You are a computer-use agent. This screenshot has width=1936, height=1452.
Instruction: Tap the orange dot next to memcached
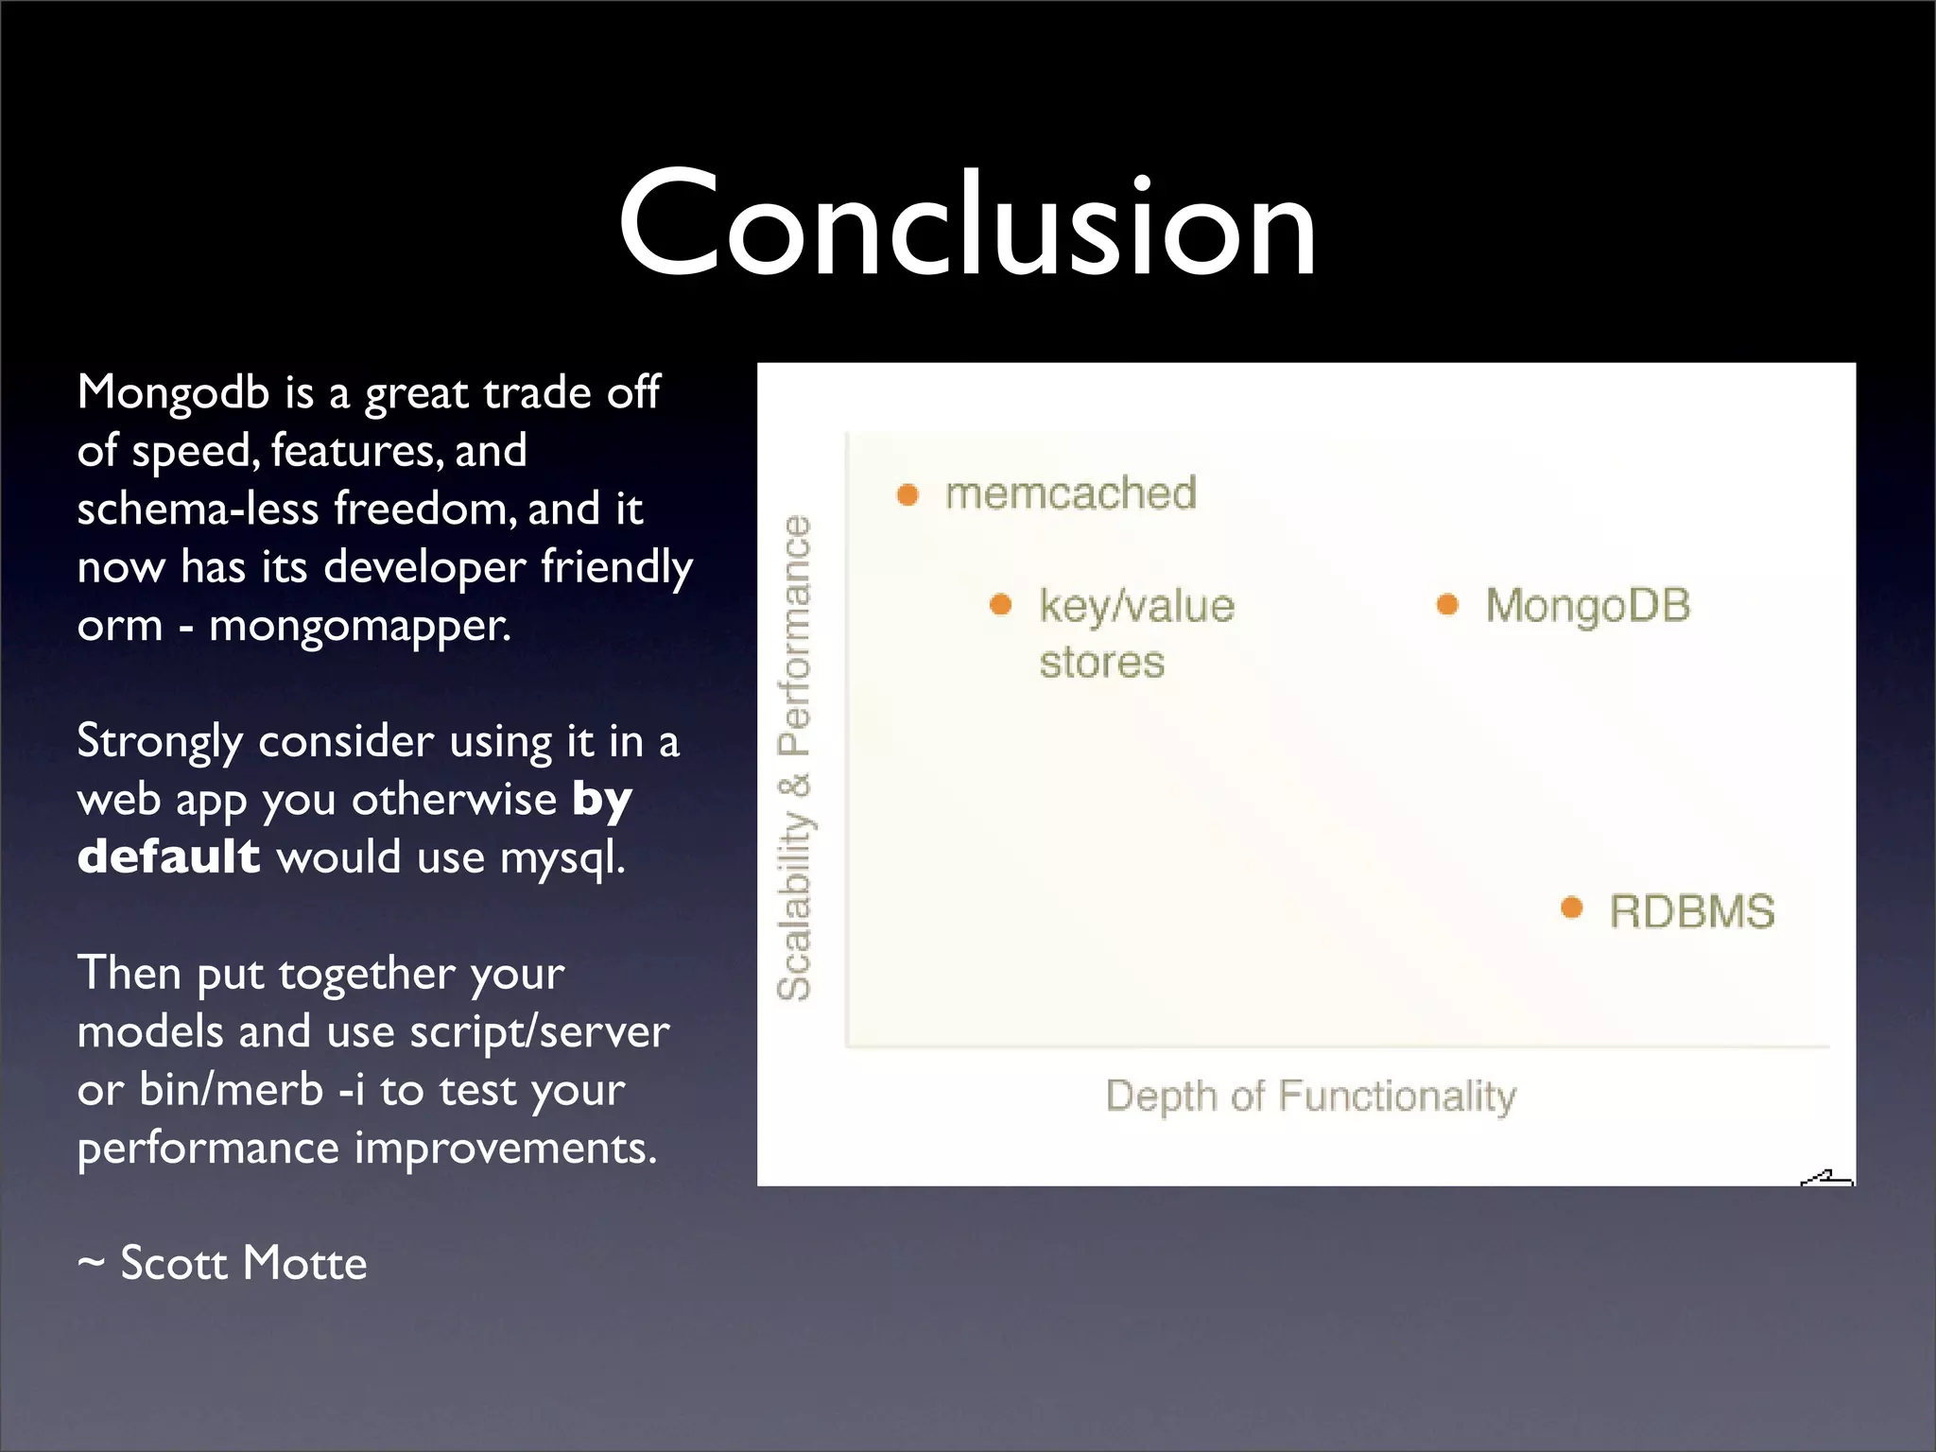point(907,494)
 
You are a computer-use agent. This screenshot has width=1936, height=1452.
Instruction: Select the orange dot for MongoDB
point(1447,604)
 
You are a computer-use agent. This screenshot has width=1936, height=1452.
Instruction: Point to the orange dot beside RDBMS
point(1571,907)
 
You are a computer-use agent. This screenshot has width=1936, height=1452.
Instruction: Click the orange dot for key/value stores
point(1000,604)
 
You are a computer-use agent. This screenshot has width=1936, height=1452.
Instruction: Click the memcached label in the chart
point(1070,493)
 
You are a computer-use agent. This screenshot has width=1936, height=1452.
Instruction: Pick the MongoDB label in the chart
point(1587,606)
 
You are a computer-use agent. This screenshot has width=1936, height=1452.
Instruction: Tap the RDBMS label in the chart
point(1691,912)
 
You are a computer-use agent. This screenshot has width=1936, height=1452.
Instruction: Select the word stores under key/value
point(1101,662)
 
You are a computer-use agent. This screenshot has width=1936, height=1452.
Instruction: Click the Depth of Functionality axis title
point(1310,1097)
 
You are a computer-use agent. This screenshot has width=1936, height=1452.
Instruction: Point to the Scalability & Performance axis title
point(794,756)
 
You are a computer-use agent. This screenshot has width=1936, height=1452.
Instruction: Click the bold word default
point(168,856)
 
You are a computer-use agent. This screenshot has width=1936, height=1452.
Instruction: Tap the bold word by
point(602,801)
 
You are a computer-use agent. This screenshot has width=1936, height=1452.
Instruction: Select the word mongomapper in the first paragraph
point(359,626)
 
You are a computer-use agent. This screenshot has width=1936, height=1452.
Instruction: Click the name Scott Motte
point(243,1263)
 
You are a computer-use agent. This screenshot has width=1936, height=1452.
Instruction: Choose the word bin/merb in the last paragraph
point(232,1090)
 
